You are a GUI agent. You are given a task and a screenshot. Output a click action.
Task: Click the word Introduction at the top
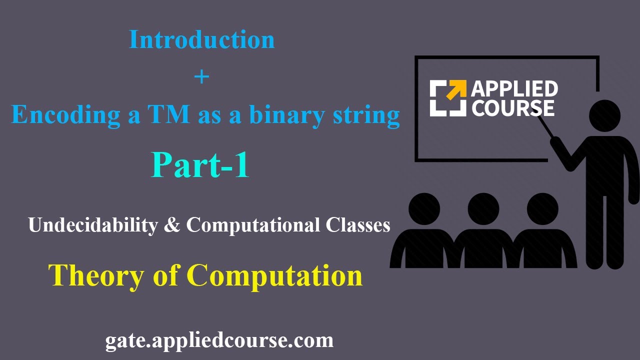[x=202, y=40]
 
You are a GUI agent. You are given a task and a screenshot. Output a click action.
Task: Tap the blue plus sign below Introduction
[x=201, y=77]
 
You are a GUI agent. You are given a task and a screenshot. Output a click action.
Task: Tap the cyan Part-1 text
[x=200, y=165]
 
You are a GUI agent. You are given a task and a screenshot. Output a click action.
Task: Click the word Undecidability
[x=92, y=225]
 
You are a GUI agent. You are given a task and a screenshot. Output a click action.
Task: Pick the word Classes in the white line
[x=358, y=225]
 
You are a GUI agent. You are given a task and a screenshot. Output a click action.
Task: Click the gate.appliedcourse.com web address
[x=219, y=340]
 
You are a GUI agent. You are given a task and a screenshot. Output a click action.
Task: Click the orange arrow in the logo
[x=456, y=90]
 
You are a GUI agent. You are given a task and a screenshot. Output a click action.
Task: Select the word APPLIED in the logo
[x=514, y=89]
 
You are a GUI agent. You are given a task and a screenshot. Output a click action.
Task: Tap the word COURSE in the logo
[x=513, y=108]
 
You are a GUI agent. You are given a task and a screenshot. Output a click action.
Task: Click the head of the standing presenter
[x=604, y=115]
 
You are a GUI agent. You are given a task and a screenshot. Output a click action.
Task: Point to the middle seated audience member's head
[x=483, y=208]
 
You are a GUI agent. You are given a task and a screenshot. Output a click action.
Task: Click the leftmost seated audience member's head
[x=424, y=208]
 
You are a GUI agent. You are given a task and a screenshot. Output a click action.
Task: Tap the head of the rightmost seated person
[x=542, y=208]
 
